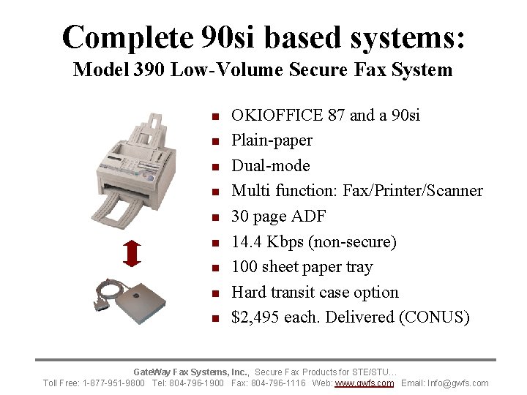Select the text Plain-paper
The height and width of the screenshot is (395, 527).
pos(272,140)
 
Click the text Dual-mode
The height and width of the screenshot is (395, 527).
pos(271,165)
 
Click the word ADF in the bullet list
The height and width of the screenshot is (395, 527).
pos(309,217)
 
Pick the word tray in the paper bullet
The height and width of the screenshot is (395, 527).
pos(359,267)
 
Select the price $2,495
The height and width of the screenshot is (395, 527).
pos(255,317)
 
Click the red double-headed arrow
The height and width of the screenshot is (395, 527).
pos(132,252)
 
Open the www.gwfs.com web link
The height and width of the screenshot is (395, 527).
pos(364,383)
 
